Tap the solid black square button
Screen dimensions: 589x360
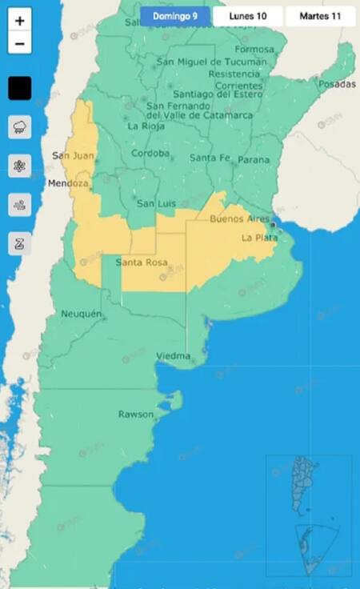point(20,88)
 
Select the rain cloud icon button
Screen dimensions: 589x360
point(20,126)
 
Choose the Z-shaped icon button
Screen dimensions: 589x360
point(20,243)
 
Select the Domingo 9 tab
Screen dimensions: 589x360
point(175,15)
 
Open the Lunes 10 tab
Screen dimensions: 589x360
point(248,15)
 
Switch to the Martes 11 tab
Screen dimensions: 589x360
point(320,15)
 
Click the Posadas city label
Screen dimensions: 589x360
point(337,83)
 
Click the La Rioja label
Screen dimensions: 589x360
point(146,126)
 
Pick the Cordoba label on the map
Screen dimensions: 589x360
point(150,153)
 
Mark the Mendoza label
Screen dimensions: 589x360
point(68,183)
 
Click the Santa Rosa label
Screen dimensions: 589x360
point(140,262)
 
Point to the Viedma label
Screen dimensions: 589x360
point(173,355)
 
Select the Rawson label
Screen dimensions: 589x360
point(135,414)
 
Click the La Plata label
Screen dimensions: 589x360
point(258,238)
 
